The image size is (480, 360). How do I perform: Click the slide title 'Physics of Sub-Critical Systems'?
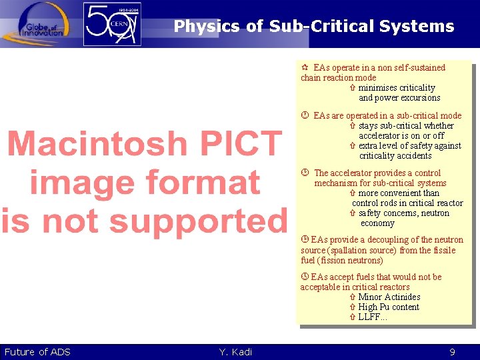tap(313, 27)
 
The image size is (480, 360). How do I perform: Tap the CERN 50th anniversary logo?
tap(113, 24)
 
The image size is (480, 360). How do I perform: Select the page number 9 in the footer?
tap(452, 352)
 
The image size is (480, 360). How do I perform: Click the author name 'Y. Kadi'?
tap(235, 352)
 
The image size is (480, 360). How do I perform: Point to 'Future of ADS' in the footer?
tap(37, 352)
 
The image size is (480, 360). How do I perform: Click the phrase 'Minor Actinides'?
tap(389, 297)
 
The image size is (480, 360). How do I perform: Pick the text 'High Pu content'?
tap(389, 307)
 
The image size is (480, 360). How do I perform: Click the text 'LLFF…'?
tap(373, 317)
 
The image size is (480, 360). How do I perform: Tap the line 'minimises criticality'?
tap(397, 88)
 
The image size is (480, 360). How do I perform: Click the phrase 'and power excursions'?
tap(399, 98)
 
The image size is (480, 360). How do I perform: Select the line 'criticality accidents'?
tap(395, 156)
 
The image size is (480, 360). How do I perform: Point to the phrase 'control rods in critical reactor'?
tap(407, 203)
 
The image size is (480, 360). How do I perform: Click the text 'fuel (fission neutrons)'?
tap(342, 261)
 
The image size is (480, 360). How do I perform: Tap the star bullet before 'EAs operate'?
tap(305, 67)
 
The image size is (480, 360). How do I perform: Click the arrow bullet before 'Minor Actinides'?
tap(353, 297)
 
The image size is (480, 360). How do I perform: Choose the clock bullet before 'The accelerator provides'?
tap(305, 173)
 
